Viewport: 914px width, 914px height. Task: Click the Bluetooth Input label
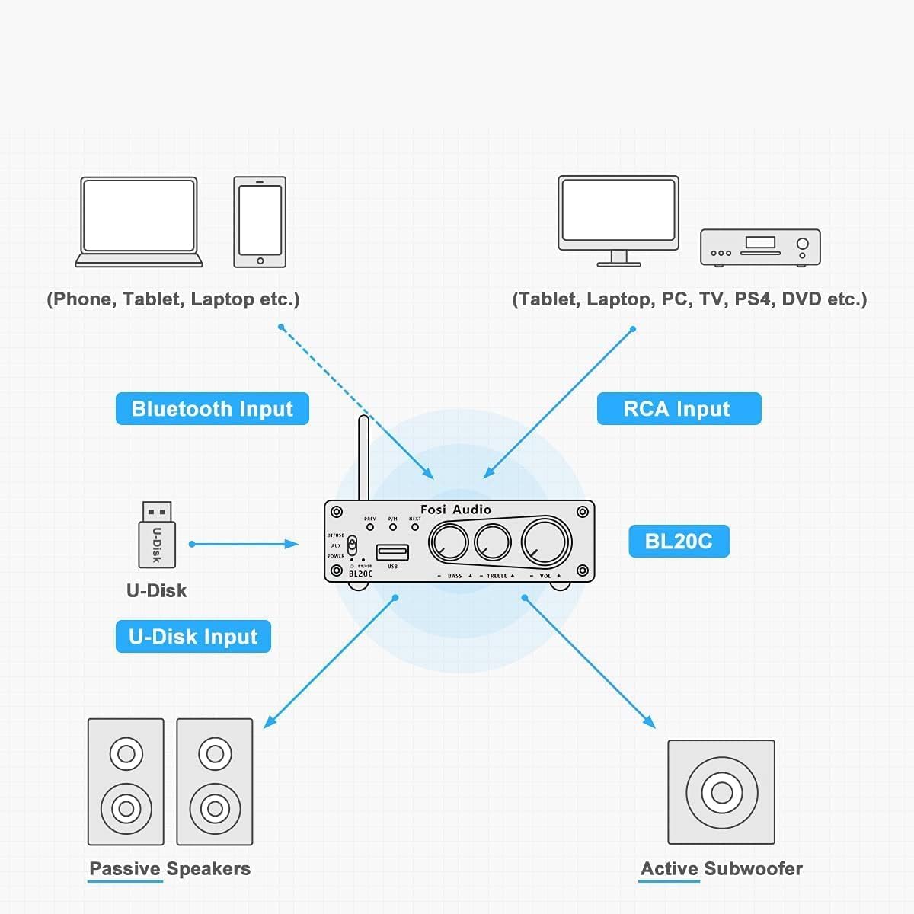[212, 409]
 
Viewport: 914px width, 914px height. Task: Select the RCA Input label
[678, 409]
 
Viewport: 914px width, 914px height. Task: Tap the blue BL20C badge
[678, 542]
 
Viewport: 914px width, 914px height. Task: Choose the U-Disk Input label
[193, 637]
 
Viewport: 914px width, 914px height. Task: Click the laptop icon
[139, 222]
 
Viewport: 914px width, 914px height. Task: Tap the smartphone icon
[260, 222]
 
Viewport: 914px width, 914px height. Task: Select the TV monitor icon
[618, 219]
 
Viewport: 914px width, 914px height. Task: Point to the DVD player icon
[760, 248]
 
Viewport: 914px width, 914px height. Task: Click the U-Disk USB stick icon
[157, 535]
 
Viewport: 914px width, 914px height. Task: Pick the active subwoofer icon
[721, 792]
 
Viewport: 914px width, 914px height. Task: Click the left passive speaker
[126, 782]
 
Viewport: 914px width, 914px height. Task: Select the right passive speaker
[215, 782]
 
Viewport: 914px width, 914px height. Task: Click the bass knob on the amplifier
[449, 543]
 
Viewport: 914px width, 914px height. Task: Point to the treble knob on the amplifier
[493, 543]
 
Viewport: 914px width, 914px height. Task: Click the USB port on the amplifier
[392, 552]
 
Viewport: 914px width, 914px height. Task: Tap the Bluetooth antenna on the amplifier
[363, 457]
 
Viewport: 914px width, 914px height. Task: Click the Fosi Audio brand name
[455, 510]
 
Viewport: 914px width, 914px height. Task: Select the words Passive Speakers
[170, 869]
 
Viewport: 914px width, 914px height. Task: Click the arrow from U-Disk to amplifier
[244, 544]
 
